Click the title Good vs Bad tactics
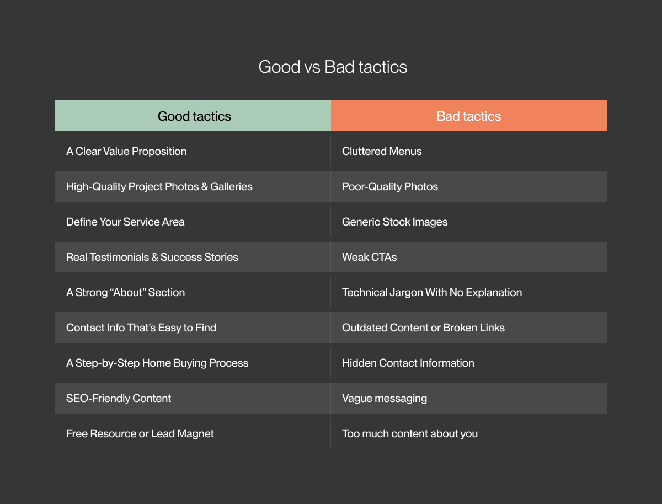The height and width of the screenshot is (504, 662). [333, 67]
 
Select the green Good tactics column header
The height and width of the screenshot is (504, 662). [194, 116]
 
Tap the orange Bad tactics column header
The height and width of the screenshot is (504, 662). [469, 116]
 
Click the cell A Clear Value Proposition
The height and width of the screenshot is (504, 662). [126, 151]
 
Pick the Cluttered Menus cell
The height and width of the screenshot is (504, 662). [382, 151]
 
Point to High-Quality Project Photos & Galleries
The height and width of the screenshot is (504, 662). [159, 186]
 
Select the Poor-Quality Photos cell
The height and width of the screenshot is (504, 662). [390, 186]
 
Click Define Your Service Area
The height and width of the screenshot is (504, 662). [125, 222]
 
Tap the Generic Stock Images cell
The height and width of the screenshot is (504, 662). [394, 222]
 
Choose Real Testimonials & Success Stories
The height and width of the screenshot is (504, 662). [152, 257]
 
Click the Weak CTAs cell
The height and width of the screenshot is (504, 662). [369, 257]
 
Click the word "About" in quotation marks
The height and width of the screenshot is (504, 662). [127, 292]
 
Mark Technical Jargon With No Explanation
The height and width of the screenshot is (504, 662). [432, 292]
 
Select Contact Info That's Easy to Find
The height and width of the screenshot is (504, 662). [141, 328]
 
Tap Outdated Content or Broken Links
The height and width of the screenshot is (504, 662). [423, 328]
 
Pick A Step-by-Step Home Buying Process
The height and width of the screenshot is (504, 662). [157, 363]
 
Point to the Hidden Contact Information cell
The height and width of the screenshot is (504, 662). [408, 363]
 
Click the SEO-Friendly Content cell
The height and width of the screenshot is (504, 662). [119, 398]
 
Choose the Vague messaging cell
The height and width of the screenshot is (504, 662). [385, 398]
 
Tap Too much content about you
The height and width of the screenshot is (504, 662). [410, 433]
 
